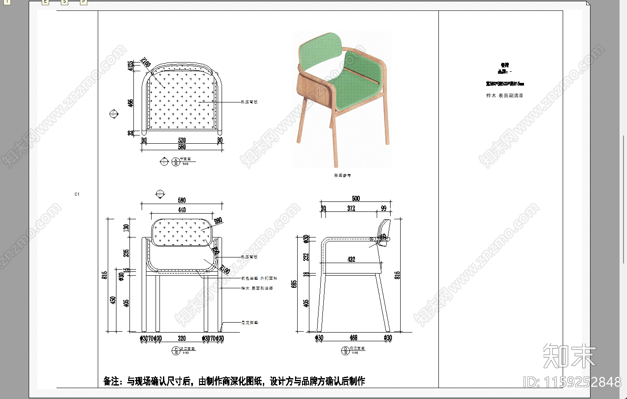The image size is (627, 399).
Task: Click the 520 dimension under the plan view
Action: [182, 140]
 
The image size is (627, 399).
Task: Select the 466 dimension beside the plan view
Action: [130, 103]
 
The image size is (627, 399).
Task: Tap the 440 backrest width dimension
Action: [182, 210]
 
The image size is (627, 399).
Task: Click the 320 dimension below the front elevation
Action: [182, 338]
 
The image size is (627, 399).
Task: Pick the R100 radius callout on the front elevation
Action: [225, 270]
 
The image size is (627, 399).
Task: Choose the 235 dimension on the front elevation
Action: [126, 253]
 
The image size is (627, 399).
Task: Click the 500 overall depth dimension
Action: [356, 198]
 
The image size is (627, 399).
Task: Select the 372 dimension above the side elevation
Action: [351, 208]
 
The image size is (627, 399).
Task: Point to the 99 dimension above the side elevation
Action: [384, 208]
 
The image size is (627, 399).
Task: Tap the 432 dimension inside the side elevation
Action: [351, 259]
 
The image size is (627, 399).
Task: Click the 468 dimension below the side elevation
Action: [353, 337]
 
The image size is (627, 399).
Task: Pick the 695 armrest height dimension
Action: [295, 284]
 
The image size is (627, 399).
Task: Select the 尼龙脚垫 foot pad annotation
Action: [249, 323]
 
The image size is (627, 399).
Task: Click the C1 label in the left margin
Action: [77, 194]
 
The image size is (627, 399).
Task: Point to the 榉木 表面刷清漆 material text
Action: [504, 96]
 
